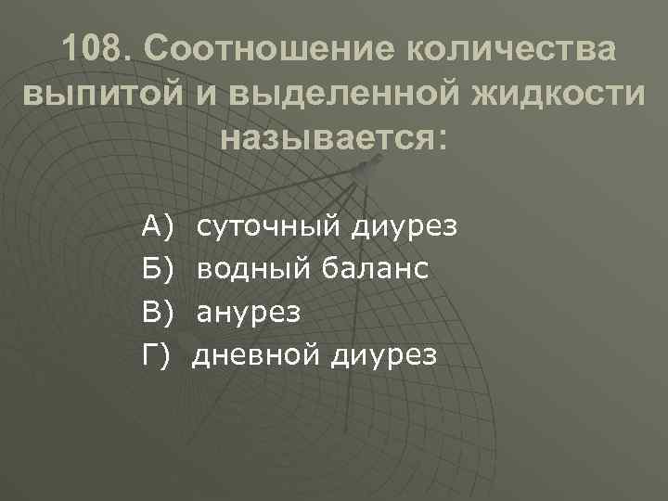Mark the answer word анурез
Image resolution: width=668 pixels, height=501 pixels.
(x=249, y=313)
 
